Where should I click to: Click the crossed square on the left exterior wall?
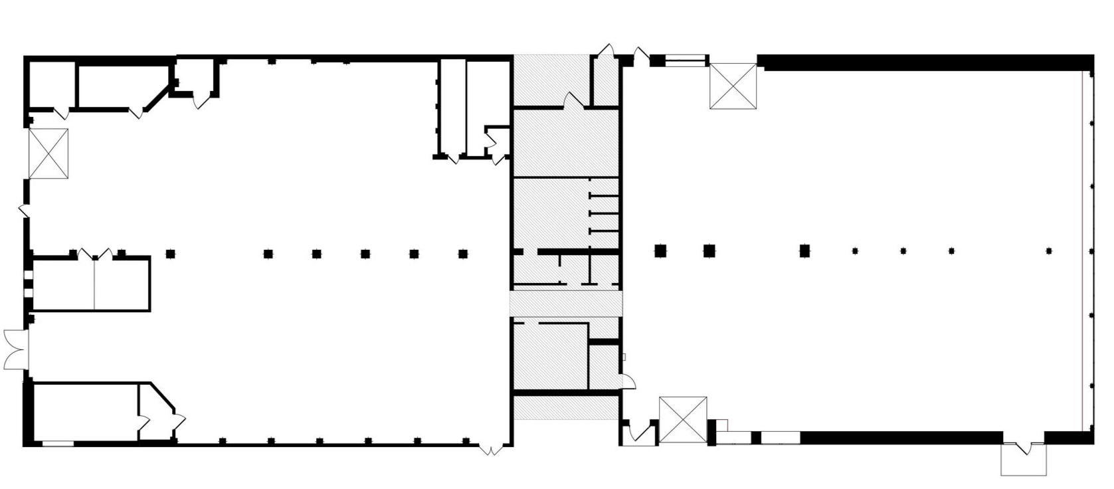pos(48,153)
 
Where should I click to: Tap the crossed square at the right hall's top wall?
pos(733,86)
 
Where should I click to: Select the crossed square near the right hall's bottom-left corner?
pos(683,420)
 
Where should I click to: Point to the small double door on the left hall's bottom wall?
pos(491,450)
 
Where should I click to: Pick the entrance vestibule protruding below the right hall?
pos(1024,458)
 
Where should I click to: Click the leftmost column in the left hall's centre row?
pos(170,253)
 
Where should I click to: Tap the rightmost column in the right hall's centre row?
pos(1049,251)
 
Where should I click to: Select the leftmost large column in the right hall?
pos(660,250)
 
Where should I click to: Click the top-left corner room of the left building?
pos(52,84)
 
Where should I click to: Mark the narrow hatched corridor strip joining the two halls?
pos(566,304)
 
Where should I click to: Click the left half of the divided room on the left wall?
pos(63,284)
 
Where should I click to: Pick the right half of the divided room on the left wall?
pos(122,284)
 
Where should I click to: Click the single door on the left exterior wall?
pos(23,211)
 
